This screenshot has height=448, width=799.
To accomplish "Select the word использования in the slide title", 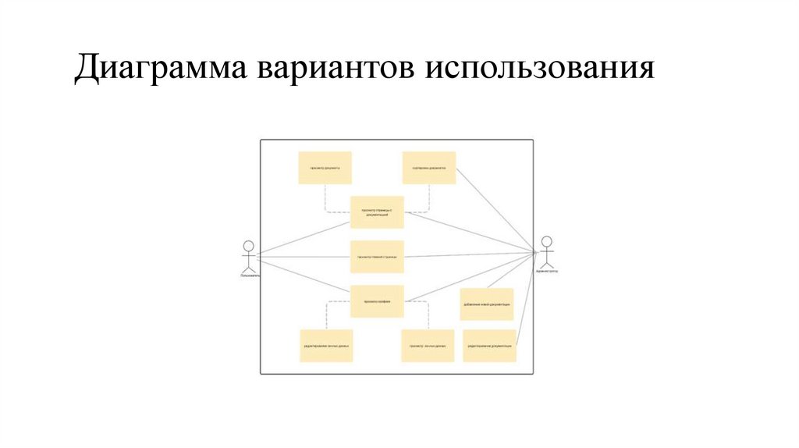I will pos(538,69).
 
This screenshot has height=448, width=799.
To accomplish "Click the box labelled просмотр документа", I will pos(325,168).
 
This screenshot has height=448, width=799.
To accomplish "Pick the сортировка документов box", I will pos(429,168).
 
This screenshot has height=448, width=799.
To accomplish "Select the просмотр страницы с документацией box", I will pos(377,212).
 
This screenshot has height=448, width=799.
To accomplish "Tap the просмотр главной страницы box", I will pos(377,256).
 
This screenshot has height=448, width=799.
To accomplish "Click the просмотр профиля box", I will pos(377,300).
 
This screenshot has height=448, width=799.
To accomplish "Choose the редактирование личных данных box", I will pos(326,346).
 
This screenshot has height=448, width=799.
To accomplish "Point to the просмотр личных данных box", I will pos(428,346).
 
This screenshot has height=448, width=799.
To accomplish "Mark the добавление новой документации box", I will pos(487,304).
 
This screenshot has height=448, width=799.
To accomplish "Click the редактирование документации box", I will pos(489,346).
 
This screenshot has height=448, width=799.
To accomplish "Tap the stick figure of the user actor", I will pos(248,254).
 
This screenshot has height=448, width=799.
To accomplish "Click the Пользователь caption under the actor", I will pos(250,276).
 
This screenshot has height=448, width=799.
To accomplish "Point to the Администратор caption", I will pos(547,271).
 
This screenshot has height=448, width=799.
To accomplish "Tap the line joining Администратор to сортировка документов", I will pos(496,211).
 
